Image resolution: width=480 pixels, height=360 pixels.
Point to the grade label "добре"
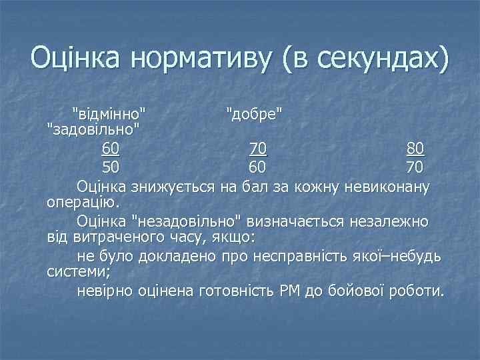254,111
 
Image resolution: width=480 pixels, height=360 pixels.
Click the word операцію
83,201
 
